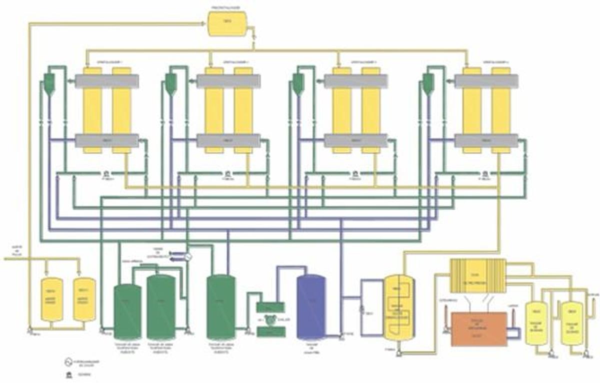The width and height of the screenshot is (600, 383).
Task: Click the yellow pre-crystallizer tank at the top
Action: [x=227, y=23]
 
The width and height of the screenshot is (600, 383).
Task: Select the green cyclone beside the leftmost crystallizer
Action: [x=49, y=84]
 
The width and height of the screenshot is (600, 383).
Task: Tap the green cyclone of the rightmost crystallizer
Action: [x=428, y=84]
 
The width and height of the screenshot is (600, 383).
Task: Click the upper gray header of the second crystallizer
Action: [x=228, y=81]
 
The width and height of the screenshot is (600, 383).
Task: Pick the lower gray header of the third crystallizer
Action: [x=355, y=141]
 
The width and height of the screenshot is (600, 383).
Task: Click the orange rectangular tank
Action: [x=478, y=329]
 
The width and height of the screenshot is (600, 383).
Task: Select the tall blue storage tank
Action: [x=311, y=307]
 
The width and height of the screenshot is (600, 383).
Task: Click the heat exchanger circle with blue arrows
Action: [x=188, y=256]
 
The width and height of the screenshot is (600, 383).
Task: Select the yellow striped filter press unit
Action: [x=478, y=276]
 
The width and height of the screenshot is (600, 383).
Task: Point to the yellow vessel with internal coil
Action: [x=398, y=307]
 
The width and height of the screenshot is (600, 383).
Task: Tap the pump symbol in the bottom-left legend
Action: [x=65, y=373]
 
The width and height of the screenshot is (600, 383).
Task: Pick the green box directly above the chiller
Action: [x=270, y=307]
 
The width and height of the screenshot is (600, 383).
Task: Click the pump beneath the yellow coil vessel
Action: [x=396, y=353]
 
